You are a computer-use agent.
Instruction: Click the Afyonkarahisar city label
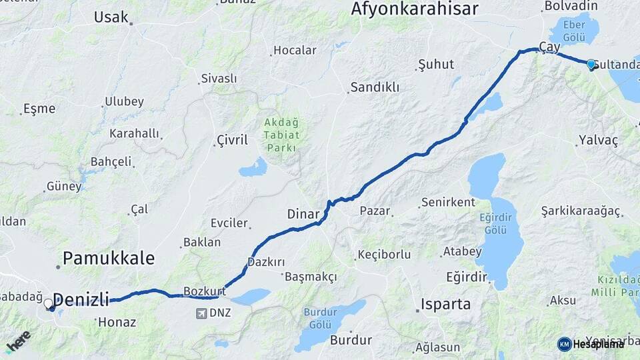point(414,9)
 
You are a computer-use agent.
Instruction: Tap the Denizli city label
point(81,300)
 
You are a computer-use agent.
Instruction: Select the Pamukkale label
point(108,258)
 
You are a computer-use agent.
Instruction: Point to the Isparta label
point(445,305)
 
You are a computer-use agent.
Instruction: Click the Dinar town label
point(304,214)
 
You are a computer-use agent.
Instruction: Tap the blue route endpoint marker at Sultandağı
point(591,64)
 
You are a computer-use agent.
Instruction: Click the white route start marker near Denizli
point(48,304)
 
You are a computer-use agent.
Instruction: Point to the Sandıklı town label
point(375,87)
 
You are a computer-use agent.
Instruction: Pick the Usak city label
point(111,17)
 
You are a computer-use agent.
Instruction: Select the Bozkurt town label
point(204,291)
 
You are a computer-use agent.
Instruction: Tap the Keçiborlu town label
point(384,255)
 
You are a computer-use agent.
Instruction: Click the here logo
point(18,340)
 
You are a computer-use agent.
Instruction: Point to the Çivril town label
point(232,140)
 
